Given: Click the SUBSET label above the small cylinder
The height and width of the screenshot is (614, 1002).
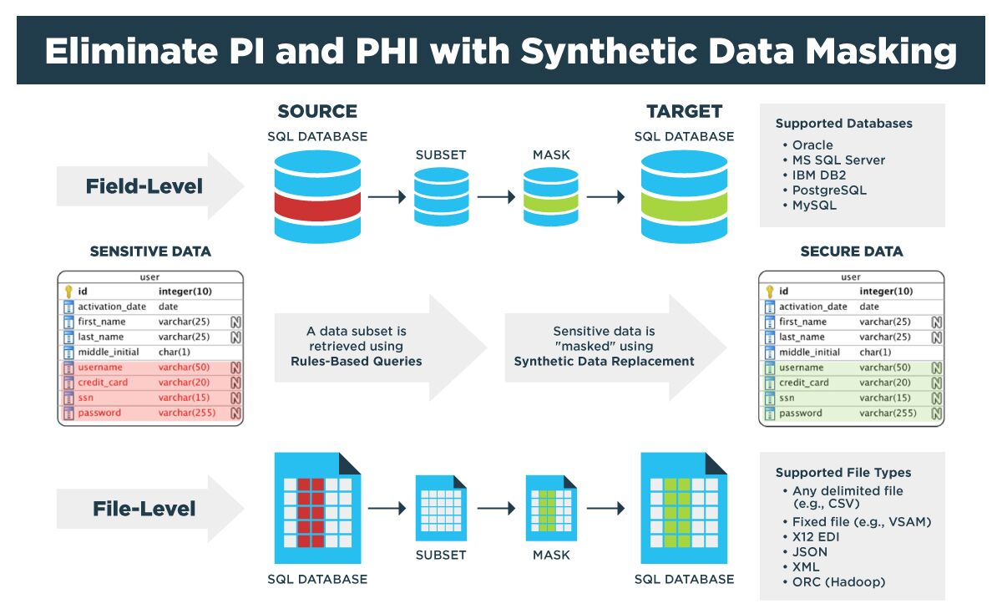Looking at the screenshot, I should click(x=441, y=155).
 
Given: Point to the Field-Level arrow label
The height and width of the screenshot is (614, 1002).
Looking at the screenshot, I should click(x=144, y=186).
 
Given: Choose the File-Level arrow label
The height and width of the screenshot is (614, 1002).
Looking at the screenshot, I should click(x=144, y=508).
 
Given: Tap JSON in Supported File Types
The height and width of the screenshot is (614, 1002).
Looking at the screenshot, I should click(x=810, y=551).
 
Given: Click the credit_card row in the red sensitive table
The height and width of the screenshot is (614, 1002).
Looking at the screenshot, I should click(x=103, y=383).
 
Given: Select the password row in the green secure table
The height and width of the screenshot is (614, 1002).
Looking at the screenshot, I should click(x=801, y=414).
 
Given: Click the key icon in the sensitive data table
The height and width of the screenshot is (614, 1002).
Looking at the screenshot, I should click(x=68, y=292).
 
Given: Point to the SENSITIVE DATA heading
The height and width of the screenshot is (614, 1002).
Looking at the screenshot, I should click(x=150, y=251).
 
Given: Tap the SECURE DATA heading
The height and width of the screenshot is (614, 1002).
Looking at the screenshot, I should click(x=851, y=251).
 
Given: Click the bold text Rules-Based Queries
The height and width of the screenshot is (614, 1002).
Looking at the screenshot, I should click(x=356, y=362).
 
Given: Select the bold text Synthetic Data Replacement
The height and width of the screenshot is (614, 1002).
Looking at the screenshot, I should click(x=604, y=362).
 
